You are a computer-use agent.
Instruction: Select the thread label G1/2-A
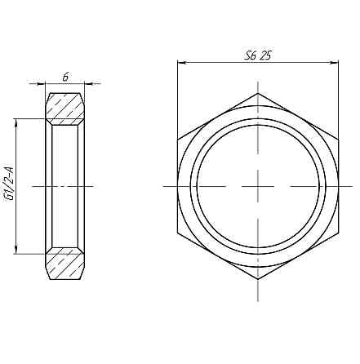9,186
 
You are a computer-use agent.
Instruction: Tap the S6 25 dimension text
257,55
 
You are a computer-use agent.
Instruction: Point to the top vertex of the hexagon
256,94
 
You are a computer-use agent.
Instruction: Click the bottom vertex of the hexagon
256,279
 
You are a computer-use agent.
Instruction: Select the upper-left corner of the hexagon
178,140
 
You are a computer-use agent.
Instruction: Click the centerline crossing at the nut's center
256,186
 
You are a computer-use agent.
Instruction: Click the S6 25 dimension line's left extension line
178,98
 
